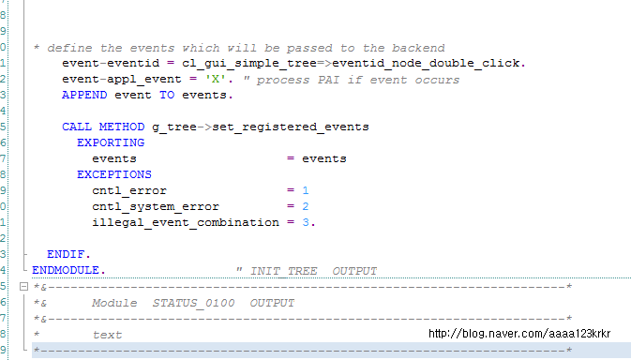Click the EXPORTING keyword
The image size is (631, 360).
(x=111, y=142)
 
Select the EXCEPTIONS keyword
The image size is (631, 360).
(x=114, y=174)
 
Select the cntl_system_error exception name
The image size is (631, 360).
(x=156, y=206)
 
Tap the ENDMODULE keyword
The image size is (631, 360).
(x=68, y=270)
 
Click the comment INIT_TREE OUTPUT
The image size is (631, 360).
(x=307, y=271)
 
